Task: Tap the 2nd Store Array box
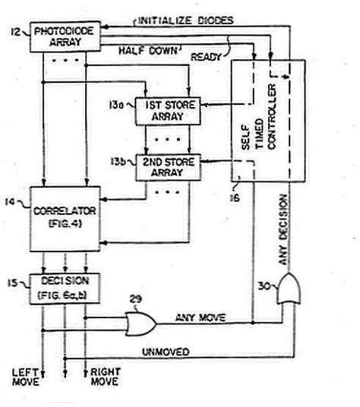[167, 166]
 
